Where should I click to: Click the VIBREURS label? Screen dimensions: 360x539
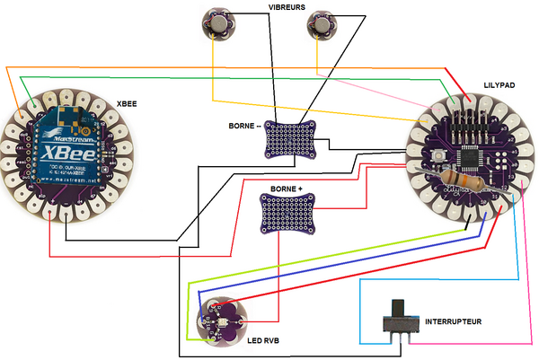pyautogui.click(x=287, y=7)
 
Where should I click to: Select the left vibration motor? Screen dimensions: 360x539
pyautogui.click(x=219, y=22)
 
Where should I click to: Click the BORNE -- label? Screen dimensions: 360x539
pyautogui.click(x=246, y=127)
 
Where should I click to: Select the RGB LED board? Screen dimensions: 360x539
pyautogui.click(x=216, y=319)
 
